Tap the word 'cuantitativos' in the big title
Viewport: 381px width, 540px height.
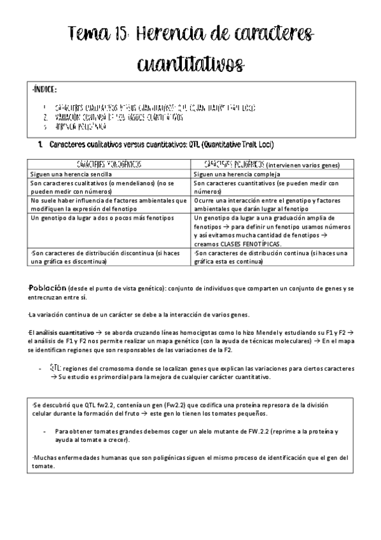pos(191,64)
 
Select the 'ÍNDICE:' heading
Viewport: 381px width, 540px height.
pos(45,90)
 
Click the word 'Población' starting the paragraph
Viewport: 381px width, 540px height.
pos(48,288)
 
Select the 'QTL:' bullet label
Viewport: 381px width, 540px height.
pos(54,369)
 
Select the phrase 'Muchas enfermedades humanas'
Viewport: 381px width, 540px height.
pos(76,457)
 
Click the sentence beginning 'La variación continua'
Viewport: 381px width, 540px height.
pos(139,315)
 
